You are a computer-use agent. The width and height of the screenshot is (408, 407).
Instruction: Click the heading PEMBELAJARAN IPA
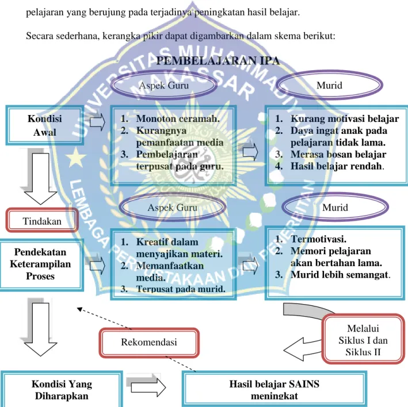coord(218,61)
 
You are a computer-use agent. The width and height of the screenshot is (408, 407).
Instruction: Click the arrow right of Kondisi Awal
coord(97,122)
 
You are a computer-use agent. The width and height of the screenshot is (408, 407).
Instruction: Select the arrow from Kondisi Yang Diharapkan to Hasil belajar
coord(148,387)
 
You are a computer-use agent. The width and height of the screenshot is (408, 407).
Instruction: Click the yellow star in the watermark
coord(76,158)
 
